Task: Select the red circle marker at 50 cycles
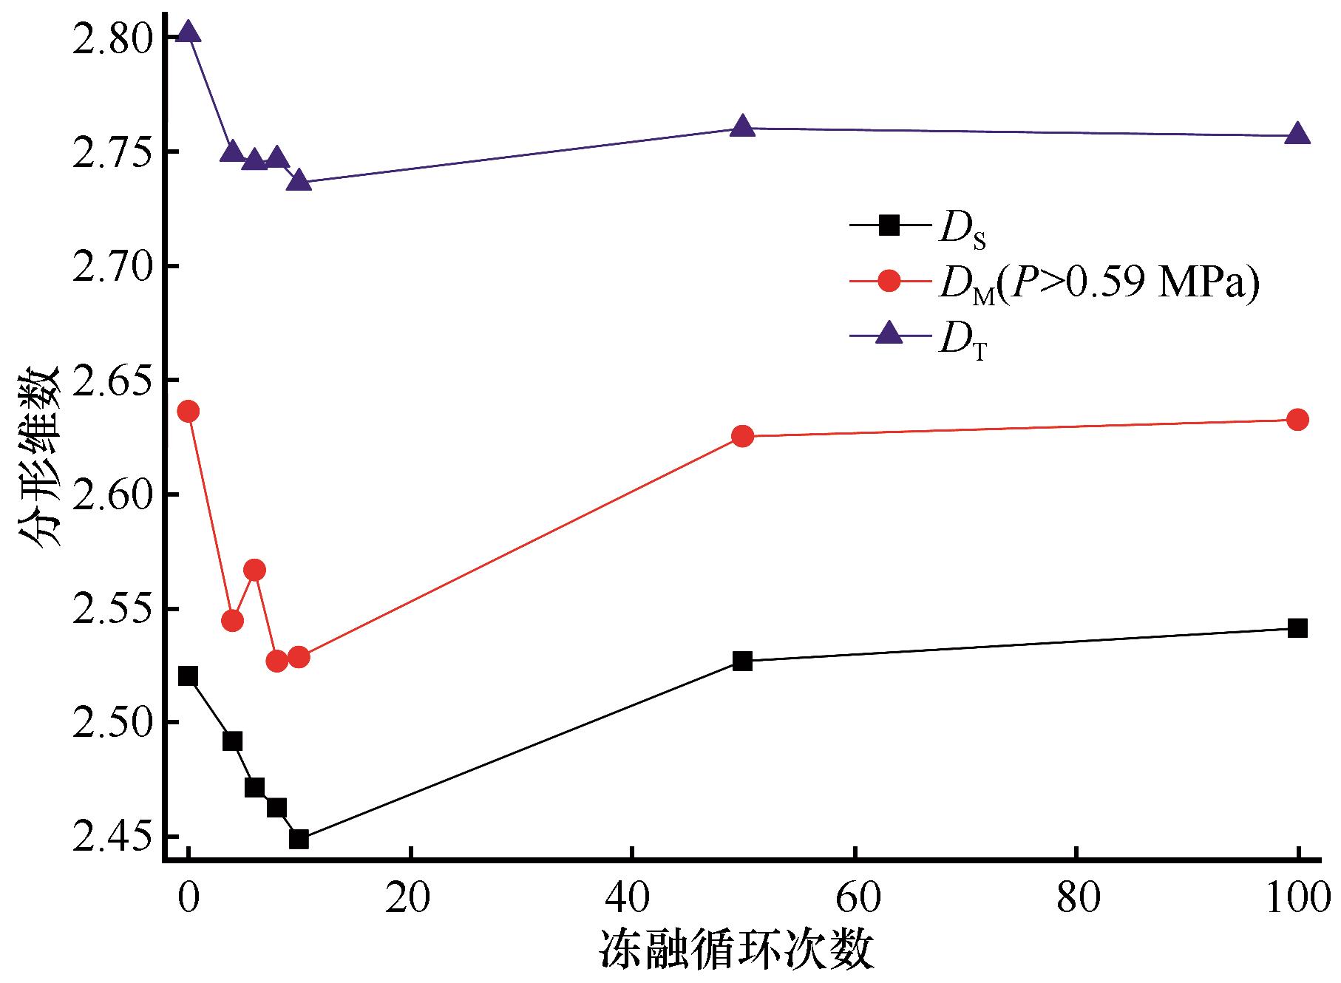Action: pos(742,436)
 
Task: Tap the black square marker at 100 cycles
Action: pos(1297,628)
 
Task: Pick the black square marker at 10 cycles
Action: pos(299,839)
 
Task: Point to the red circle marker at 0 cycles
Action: pos(189,411)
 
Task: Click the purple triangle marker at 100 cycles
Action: pos(1297,135)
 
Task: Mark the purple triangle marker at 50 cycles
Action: pos(742,126)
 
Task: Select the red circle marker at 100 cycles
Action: pos(1297,420)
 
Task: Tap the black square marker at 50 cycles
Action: pos(742,661)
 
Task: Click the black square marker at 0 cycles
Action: pos(189,676)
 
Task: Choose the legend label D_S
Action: pos(962,230)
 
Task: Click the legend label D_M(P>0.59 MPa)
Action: pos(1099,285)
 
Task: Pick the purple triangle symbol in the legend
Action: pos(891,335)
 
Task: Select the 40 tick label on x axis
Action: pos(631,897)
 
